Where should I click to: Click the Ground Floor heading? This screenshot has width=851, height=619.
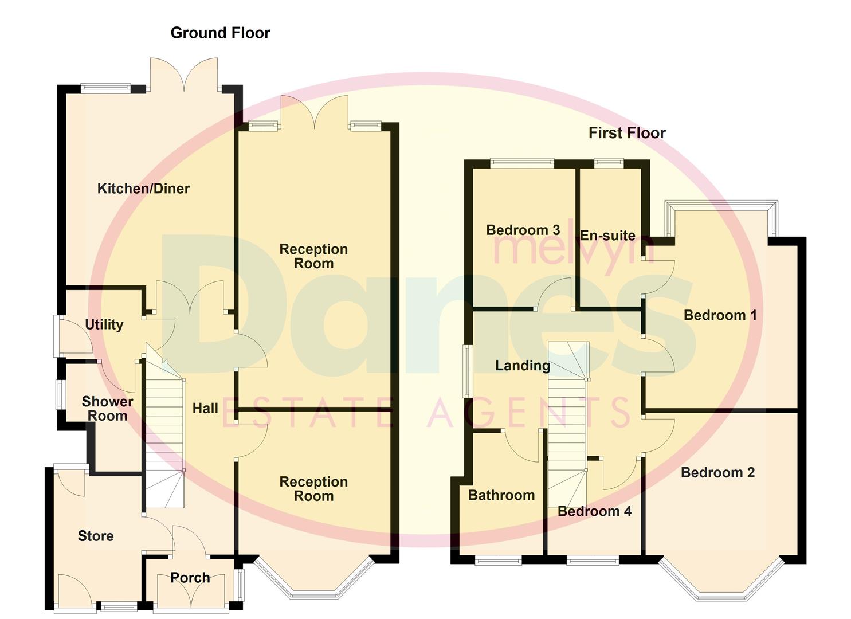(x=220, y=33)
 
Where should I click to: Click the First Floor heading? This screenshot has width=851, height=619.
(x=627, y=133)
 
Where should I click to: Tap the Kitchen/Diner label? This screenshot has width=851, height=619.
(x=143, y=189)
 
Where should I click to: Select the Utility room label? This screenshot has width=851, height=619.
(x=104, y=324)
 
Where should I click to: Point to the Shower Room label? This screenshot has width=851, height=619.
(x=107, y=409)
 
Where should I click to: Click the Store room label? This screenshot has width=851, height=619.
(x=96, y=536)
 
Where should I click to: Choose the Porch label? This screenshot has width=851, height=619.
(x=190, y=578)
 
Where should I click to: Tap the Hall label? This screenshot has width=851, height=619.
(x=205, y=408)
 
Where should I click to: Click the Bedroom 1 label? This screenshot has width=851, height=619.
(x=720, y=315)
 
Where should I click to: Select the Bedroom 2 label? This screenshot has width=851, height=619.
(x=717, y=472)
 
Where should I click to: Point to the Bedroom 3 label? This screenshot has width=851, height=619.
(x=523, y=230)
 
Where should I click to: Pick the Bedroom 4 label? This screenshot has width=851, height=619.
(x=594, y=511)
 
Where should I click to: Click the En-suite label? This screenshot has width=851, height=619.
(x=607, y=236)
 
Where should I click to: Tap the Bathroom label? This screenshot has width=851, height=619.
(x=501, y=495)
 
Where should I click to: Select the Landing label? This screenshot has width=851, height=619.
(x=522, y=365)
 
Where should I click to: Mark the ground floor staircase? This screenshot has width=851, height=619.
(x=164, y=436)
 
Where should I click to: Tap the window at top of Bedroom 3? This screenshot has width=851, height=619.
(x=522, y=163)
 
